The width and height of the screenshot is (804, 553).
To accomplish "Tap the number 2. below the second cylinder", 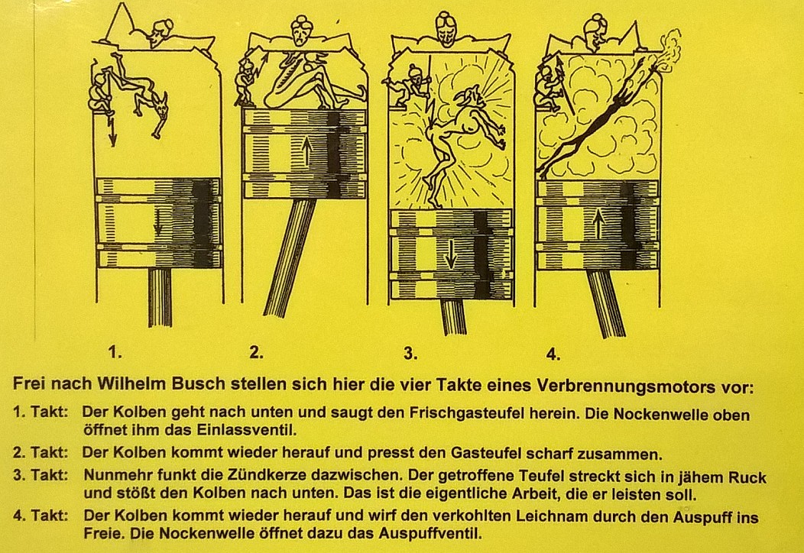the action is tap(256, 352).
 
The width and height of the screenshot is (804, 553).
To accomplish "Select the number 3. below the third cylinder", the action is tap(410, 353).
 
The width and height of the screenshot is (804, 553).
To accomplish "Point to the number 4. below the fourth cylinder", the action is tap(553, 354).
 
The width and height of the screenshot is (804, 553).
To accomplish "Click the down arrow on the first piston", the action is tap(158, 223).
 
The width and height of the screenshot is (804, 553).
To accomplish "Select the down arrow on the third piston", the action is tap(450, 254).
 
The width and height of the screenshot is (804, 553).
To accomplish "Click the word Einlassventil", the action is tap(247, 429).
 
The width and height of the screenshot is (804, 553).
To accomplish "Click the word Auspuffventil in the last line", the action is tap(430, 534).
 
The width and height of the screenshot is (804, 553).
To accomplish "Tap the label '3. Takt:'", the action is tap(41, 474).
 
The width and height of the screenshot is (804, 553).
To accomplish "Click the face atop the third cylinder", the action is tap(445, 28).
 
